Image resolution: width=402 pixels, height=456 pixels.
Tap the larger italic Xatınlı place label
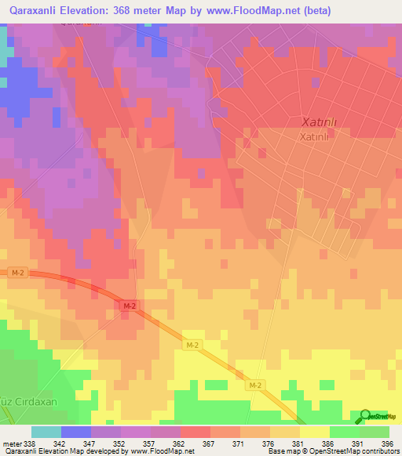pyautogui.click(x=319, y=121)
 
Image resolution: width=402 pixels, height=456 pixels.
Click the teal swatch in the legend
pyautogui.click(x=46, y=432)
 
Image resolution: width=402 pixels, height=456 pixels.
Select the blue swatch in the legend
pyautogui.click(x=76, y=432)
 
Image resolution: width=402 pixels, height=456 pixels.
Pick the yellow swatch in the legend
pyautogui.click(x=314, y=432)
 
